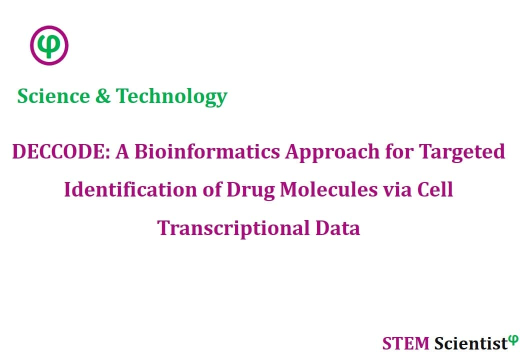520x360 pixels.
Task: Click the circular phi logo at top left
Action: tap(49, 45)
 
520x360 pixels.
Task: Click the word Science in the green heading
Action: tap(53, 96)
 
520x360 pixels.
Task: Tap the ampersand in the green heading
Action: tap(103, 96)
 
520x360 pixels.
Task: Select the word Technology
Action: tap(171, 97)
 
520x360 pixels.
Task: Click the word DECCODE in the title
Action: tap(61, 151)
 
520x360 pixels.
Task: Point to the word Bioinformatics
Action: tap(207, 151)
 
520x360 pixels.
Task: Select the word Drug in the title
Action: tap(250, 191)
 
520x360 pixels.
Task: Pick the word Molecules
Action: tap(329, 189)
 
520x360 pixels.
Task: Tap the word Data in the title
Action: tap(337, 228)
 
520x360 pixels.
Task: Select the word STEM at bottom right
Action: tap(405, 343)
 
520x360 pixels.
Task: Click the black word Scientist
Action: tap(471, 343)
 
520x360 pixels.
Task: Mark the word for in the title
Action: tap(399, 151)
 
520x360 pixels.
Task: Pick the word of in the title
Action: tap(212, 189)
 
